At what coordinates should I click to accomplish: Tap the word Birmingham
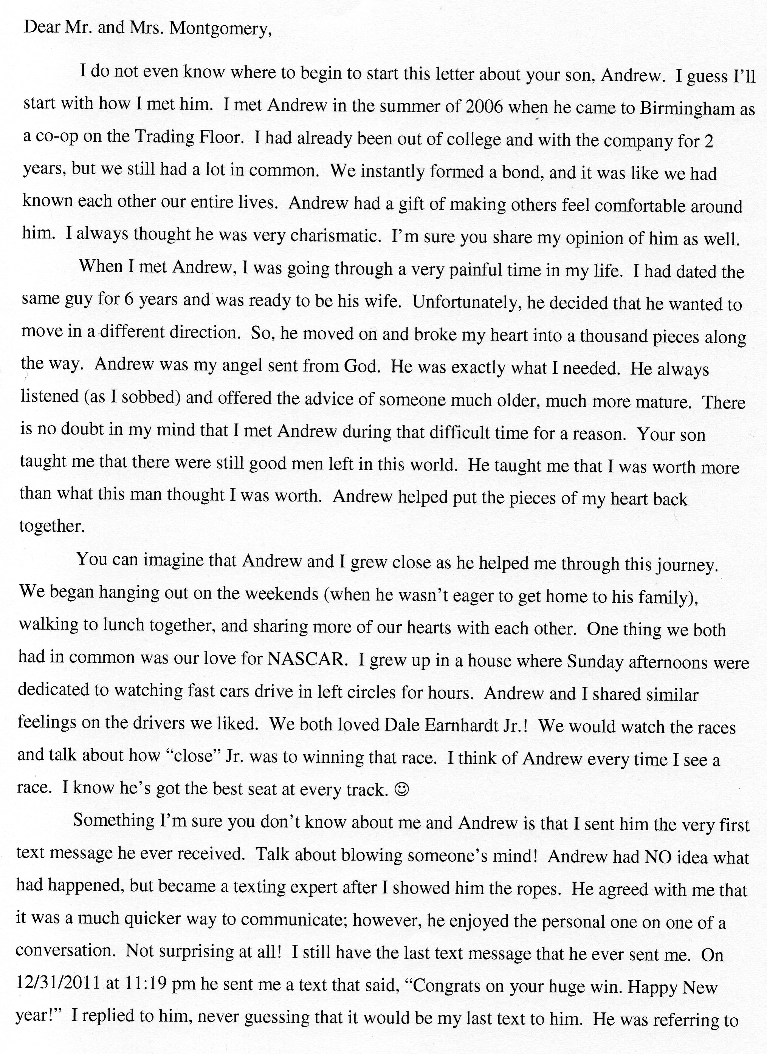point(688,109)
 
